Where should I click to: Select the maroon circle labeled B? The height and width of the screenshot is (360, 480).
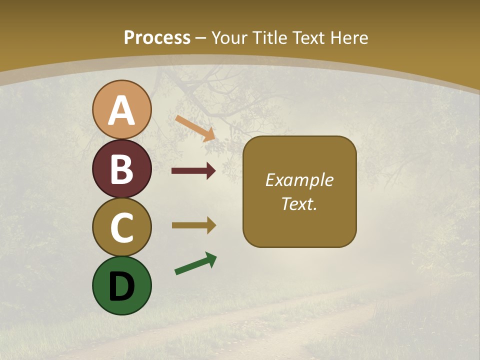tap(121, 168)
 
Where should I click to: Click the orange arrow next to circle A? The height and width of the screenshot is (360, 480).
tap(195, 128)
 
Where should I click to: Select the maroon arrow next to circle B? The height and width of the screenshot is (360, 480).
tap(193, 171)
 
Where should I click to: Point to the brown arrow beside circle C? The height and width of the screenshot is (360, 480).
tap(193, 225)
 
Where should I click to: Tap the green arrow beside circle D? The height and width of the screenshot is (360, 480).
tap(195, 264)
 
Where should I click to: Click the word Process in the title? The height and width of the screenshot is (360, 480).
tap(157, 37)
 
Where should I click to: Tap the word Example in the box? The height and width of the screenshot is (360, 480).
tap(299, 180)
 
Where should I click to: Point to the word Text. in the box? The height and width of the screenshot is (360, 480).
tap(299, 203)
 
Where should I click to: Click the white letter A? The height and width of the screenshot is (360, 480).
tap(121, 111)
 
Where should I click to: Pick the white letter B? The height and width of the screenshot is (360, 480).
tap(121, 169)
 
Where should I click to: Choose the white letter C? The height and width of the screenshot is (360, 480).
tap(121, 227)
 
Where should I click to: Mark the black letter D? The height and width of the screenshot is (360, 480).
tap(121, 286)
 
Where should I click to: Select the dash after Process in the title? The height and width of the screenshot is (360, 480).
tap(200, 38)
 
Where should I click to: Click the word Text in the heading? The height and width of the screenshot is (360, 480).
tap(308, 37)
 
